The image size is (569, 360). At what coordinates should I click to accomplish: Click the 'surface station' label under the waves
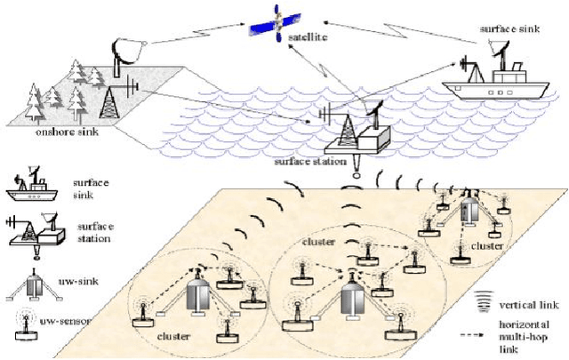point(310,162)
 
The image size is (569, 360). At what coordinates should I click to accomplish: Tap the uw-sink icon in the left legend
point(32,284)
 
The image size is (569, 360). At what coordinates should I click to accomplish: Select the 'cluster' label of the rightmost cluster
point(488,245)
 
